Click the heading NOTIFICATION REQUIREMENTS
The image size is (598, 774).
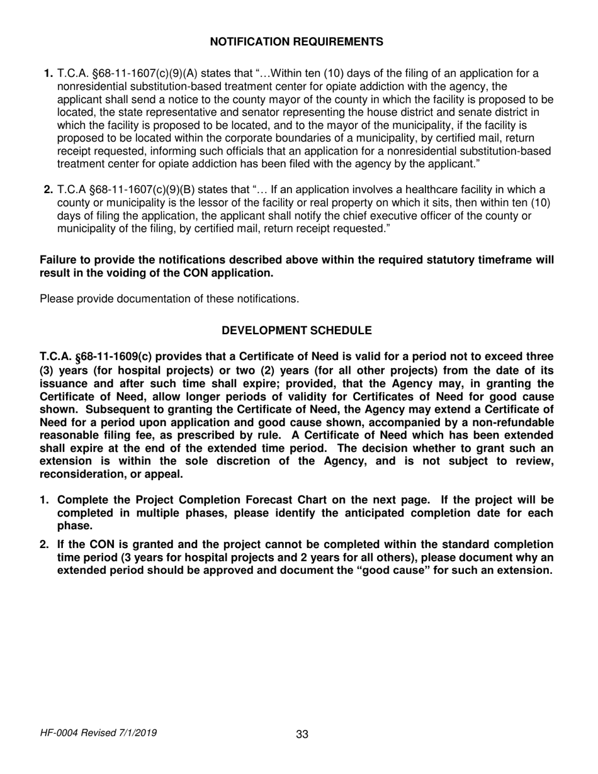pos(296,42)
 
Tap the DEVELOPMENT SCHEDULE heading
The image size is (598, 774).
pos(296,330)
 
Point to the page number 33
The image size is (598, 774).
pos(302,734)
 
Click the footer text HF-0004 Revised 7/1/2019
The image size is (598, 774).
pos(99,733)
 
